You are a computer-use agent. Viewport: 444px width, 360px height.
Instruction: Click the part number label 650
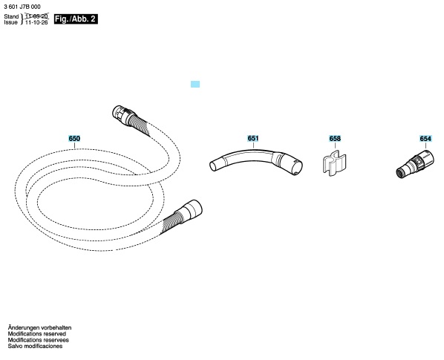click(74, 138)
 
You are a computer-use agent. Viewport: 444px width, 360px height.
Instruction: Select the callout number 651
click(253, 138)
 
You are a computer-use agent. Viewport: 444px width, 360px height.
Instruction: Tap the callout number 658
click(335, 138)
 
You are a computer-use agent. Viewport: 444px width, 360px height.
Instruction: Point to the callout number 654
click(425, 138)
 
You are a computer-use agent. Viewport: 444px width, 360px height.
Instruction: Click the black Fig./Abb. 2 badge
click(76, 19)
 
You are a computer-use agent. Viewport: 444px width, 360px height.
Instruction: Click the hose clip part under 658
click(334, 163)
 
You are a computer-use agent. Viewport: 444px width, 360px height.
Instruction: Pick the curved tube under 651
click(255, 160)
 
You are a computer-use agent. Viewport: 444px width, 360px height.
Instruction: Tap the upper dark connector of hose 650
click(123, 114)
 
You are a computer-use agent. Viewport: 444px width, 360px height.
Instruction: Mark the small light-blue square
click(195, 84)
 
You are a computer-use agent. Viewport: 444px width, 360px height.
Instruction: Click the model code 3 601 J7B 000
click(22, 7)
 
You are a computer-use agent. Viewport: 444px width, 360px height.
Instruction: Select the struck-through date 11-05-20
click(37, 16)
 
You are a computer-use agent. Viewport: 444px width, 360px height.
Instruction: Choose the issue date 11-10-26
click(36, 22)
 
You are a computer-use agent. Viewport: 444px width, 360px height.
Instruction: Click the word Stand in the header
click(11, 16)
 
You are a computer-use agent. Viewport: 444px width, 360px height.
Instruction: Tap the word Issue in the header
click(10, 22)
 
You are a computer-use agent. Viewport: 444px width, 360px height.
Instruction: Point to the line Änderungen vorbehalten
click(39, 328)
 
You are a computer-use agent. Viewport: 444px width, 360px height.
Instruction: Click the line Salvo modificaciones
click(35, 346)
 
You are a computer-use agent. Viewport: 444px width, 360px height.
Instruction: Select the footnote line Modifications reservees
click(38, 340)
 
